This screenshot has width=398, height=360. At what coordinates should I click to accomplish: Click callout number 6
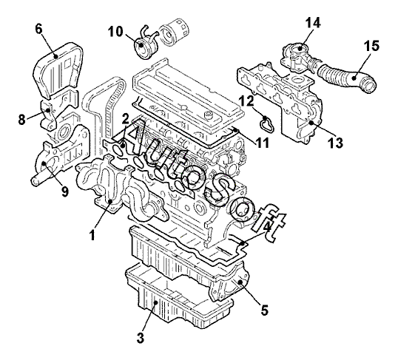[38, 29]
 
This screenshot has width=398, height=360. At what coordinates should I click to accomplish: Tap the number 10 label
[115, 32]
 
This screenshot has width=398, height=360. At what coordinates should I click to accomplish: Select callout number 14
[313, 22]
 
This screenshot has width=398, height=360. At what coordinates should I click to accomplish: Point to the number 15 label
[371, 46]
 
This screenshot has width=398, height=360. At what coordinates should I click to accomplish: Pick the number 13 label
[336, 143]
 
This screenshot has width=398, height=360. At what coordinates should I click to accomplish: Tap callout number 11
[262, 143]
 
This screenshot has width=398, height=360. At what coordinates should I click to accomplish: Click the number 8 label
[22, 119]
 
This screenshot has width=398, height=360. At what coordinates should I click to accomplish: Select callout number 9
[65, 191]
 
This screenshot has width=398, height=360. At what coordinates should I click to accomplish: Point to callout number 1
[92, 234]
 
